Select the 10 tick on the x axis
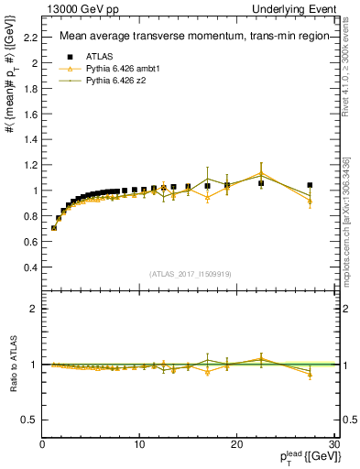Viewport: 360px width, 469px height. click(x=139, y=444)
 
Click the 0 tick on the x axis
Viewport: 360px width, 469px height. click(x=43, y=444)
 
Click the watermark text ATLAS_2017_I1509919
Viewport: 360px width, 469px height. click(x=189, y=273)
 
